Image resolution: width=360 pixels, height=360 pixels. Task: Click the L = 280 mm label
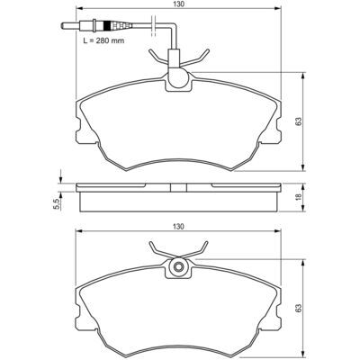103,40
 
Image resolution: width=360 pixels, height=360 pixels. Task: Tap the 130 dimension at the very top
178,4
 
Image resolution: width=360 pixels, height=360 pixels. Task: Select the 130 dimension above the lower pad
178,227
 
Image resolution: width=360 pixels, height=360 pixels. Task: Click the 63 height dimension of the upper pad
298,121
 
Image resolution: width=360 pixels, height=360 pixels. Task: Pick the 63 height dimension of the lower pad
298,308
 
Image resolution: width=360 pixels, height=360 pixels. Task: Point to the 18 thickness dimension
298,197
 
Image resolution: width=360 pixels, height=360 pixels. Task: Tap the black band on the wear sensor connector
106,25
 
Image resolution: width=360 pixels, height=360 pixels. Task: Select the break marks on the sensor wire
153,25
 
